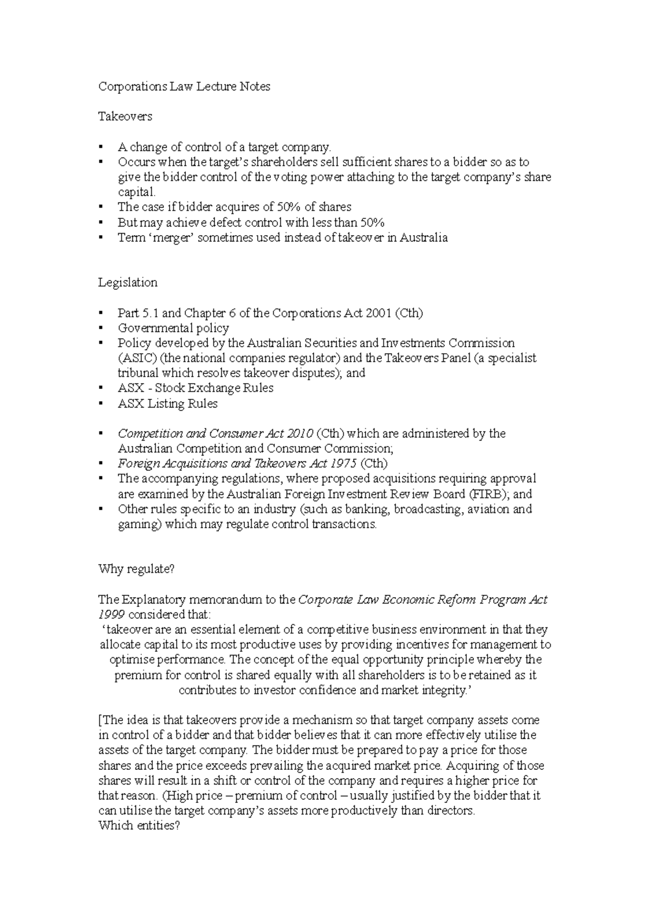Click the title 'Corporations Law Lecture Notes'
[184, 87]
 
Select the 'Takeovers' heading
[125, 116]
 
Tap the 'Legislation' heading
[128, 283]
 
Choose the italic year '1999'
[112, 614]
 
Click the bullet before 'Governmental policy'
[101, 328]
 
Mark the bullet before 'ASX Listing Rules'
[101, 404]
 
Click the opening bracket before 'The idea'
[100, 721]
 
